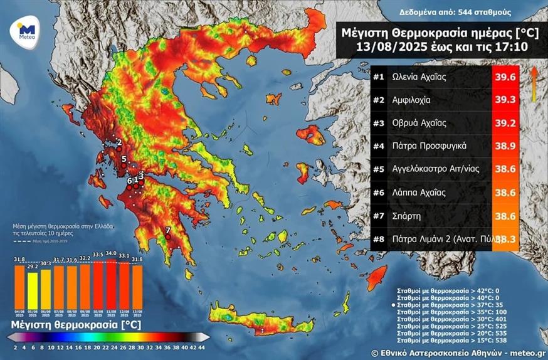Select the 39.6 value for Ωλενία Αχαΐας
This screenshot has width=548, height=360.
[505, 77]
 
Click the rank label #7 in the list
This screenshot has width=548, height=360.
[378, 215]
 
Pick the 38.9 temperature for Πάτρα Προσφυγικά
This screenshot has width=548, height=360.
[505, 146]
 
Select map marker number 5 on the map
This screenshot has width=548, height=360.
[124, 159]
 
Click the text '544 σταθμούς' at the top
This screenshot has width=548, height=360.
[486, 12]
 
